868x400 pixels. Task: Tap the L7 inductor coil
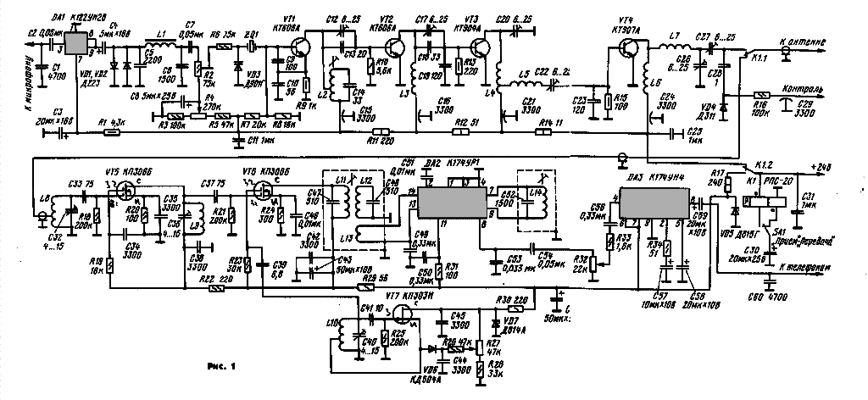pyautogui.click(x=676, y=47)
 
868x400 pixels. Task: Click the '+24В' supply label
pyautogui.click(x=820, y=166)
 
